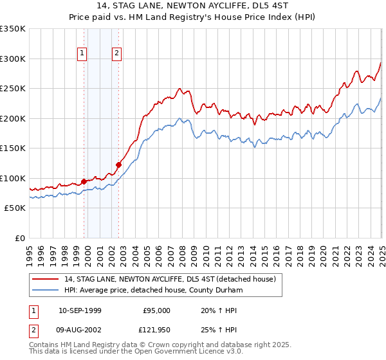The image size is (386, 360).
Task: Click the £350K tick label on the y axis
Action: (13, 29)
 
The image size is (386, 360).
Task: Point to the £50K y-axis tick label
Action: (15, 208)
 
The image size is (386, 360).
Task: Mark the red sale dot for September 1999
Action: (84, 181)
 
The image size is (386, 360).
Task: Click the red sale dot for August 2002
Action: (118, 165)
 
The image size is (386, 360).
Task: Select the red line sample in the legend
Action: (45, 278)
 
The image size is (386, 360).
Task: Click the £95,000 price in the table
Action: (157, 310)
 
